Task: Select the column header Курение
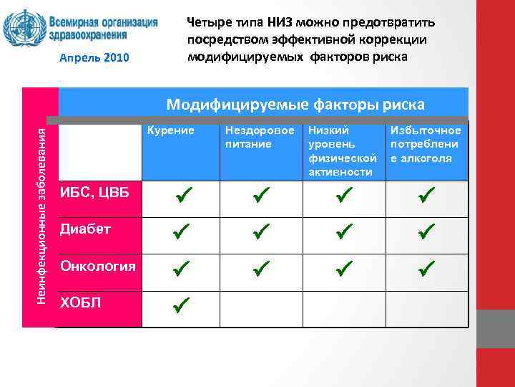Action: tap(171, 130)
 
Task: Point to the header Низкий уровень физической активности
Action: tap(341, 151)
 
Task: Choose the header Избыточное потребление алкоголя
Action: tap(426, 144)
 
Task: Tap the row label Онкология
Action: tap(97, 267)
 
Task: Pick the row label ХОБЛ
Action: tap(81, 302)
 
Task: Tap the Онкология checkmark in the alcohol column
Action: tap(427, 269)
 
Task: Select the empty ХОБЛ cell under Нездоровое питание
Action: tap(260, 308)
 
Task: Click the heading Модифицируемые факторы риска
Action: tap(295, 105)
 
